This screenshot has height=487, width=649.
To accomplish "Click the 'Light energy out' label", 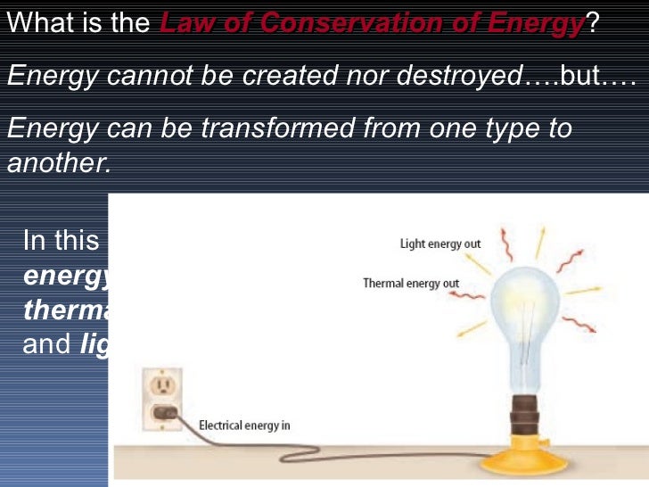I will (x=440, y=243).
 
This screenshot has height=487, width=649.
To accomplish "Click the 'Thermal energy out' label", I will (x=411, y=284).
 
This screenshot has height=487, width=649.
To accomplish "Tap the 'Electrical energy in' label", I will (x=244, y=425).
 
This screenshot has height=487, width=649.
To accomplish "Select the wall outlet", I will (x=162, y=398).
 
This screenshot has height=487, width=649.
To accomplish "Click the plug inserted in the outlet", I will (x=164, y=411).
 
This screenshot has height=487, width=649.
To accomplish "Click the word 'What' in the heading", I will (x=41, y=23).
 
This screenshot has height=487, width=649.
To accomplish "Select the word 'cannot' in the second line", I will (x=142, y=77).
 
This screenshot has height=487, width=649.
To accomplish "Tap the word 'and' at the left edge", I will (x=46, y=344).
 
